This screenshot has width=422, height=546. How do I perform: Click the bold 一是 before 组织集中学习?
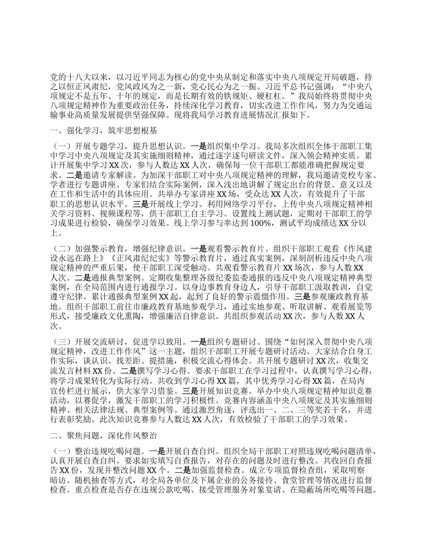199,146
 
